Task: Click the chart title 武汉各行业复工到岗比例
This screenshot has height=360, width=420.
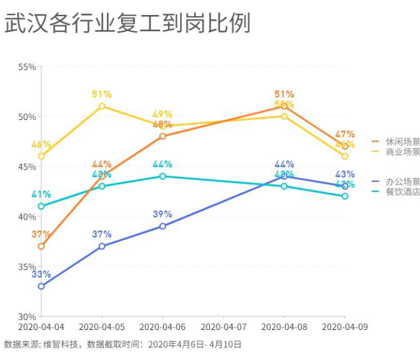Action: (127, 23)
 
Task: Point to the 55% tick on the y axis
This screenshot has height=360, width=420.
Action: (26, 67)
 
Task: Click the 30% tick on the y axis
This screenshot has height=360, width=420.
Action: (26, 316)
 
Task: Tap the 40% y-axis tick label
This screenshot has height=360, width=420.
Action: (26, 217)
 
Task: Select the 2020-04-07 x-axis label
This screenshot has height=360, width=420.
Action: (223, 327)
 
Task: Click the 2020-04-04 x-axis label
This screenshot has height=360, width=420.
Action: (41, 327)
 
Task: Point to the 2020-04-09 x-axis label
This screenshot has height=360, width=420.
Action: (344, 327)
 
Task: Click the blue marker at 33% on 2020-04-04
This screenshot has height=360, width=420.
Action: (41, 286)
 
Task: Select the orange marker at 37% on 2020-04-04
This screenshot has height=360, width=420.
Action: (41, 247)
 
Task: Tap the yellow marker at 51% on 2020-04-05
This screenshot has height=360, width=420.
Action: (102, 106)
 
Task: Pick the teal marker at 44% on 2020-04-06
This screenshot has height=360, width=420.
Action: (163, 176)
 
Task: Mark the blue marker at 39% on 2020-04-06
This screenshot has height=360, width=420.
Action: (163, 226)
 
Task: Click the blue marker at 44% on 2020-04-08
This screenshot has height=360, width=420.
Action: (284, 176)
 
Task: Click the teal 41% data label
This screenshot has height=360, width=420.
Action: (41, 194)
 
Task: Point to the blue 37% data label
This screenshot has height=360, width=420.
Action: (102, 235)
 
